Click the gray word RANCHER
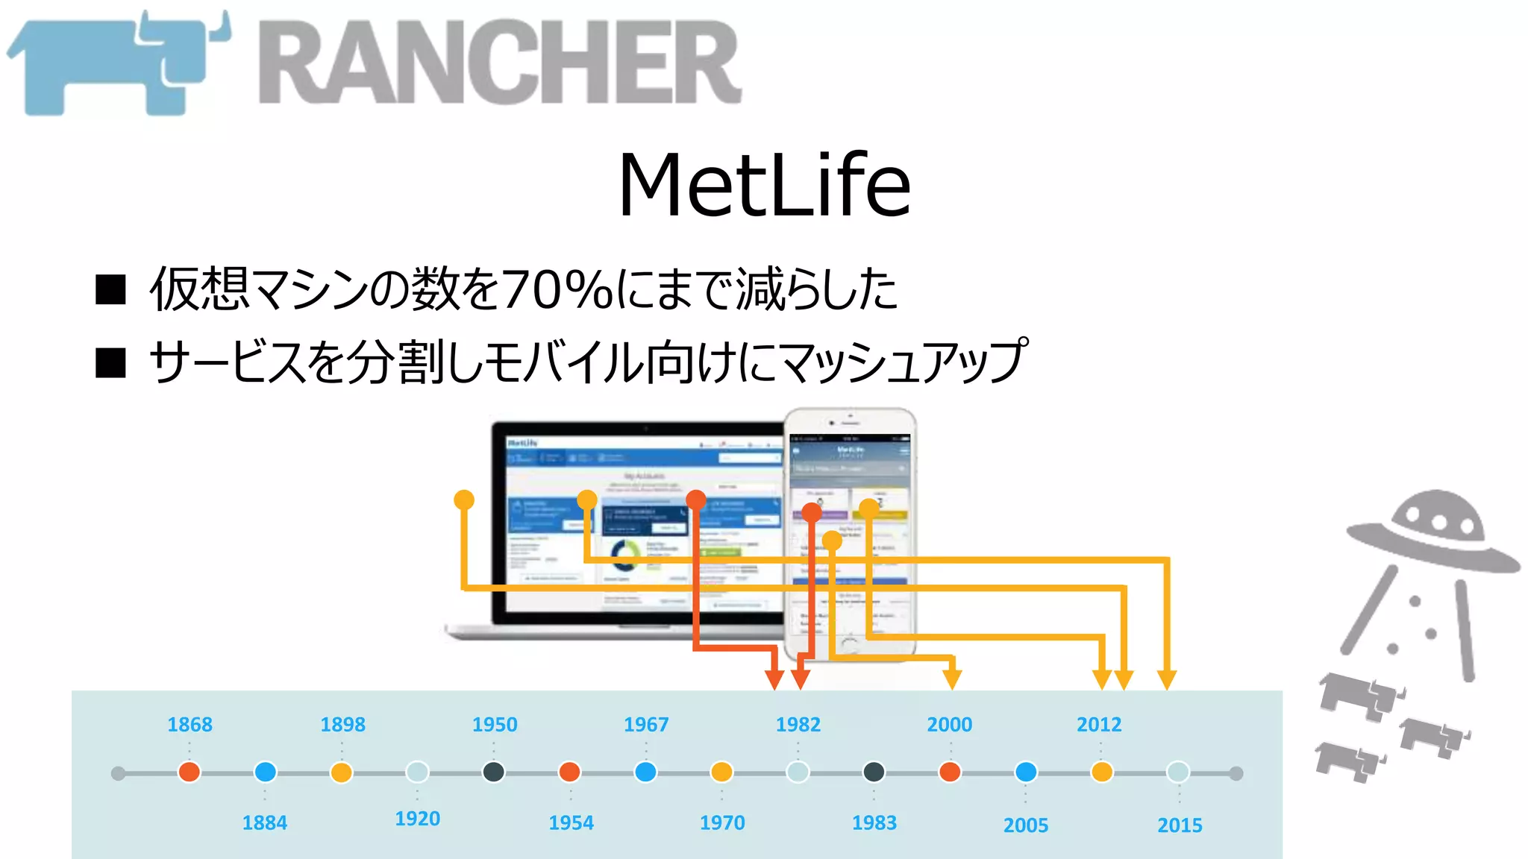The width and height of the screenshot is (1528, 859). coord(500,63)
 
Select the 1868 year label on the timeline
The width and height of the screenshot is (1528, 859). coord(190,724)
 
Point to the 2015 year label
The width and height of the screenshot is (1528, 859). coord(1180,825)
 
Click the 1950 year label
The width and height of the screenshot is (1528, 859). coord(494,724)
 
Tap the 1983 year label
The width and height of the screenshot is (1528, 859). coord(874,822)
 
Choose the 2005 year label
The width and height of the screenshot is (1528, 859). coord(1025,825)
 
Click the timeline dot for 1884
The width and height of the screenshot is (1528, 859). coord(265,772)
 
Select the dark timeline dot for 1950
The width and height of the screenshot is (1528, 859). coord(493,772)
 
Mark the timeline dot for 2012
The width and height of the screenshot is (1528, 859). coord(1102,772)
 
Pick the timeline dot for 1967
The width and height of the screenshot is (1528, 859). coord(645,772)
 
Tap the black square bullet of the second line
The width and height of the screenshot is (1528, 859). coord(110,363)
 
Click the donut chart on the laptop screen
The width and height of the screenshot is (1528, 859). coord(625,554)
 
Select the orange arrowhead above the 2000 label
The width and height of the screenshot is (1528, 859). coord(952,679)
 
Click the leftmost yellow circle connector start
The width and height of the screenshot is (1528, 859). coord(464,500)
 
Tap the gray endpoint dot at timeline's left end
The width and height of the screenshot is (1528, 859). coord(118,773)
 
